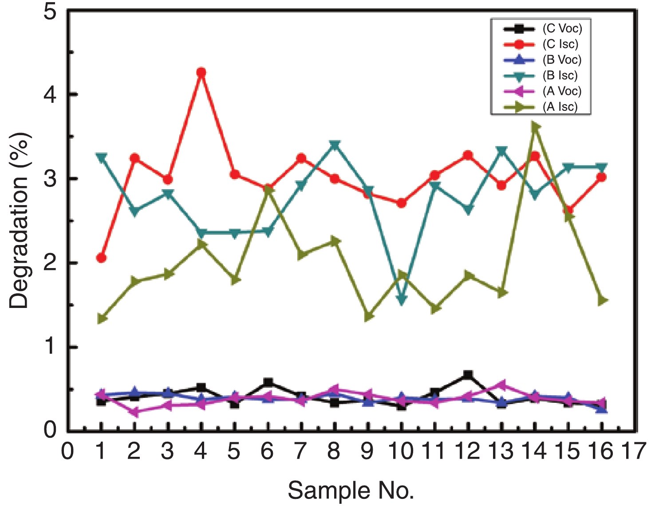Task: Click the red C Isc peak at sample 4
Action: tap(201, 72)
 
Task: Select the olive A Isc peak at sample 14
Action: tap(535, 127)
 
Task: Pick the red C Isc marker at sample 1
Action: tap(101, 258)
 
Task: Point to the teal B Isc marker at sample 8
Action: tap(335, 145)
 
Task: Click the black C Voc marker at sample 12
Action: tap(468, 375)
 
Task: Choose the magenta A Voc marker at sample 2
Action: tap(134, 412)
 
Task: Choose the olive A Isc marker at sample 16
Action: tap(602, 301)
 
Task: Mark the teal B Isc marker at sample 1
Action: tap(101, 158)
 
